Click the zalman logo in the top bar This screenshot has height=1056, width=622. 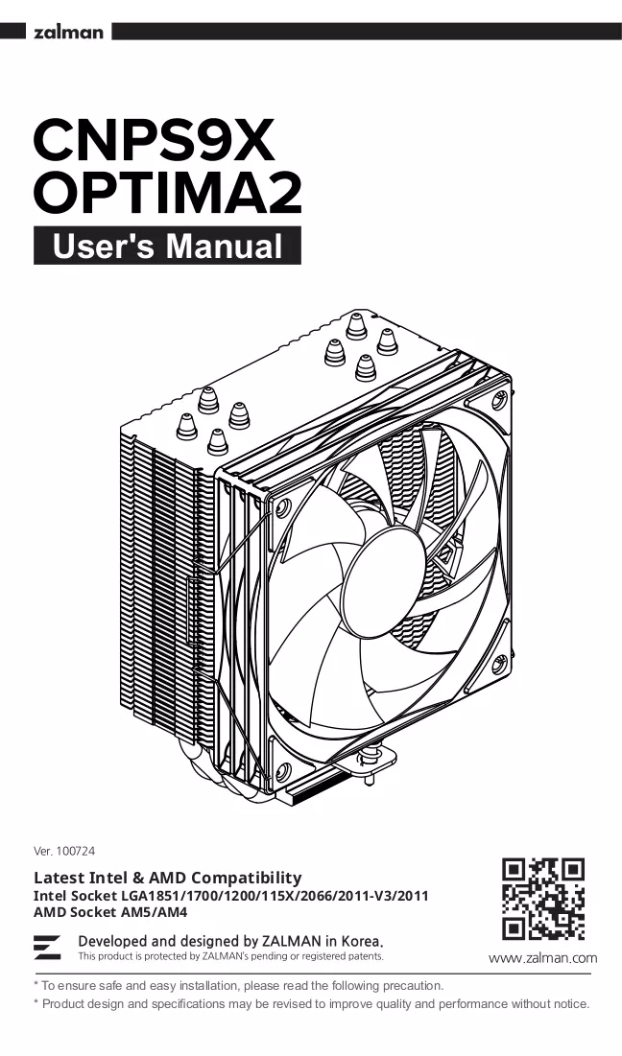tap(68, 32)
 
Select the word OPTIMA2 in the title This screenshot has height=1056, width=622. tap(167, 194)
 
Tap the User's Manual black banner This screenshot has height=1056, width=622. tap(167, 246)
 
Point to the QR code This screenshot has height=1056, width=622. tap(543, 899)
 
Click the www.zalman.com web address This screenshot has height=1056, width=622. tap(542, 957)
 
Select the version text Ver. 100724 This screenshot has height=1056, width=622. tap(64, 852)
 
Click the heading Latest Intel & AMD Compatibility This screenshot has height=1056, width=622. tap(168, 878)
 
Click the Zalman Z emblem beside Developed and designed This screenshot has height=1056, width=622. tap(47, 947)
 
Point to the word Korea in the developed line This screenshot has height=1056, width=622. tap(362, 941)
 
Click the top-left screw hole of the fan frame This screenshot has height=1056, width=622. tap(284, 505)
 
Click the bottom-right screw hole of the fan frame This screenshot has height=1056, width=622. tap(499, 665)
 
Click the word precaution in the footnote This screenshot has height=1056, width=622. tap(413, 985)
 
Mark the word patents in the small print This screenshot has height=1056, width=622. tap(369, 956)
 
